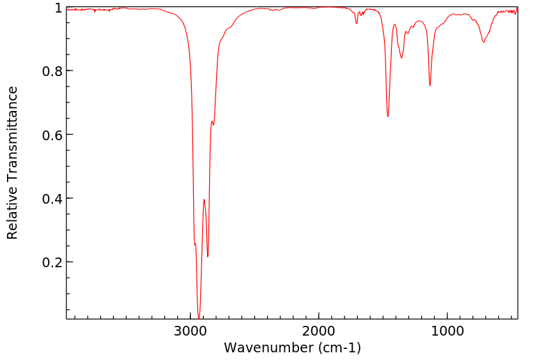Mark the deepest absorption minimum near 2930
click(x=199, y=317)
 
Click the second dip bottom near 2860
click(x=208, y=257)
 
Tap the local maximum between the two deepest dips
click(x=204, y=200)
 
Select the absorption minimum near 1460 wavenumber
click(x=388, y=117)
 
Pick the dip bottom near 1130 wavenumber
click(x=430, y=86)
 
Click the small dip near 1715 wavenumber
click(x=356, y=24)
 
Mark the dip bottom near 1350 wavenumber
click(x=402, y=58)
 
